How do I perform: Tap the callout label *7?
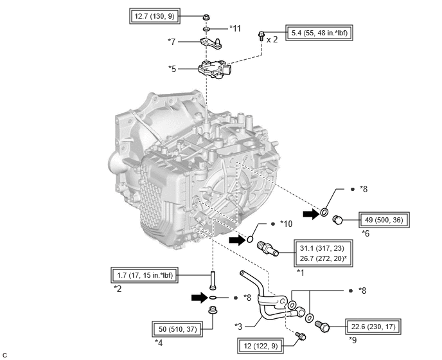click(x=172, y=42)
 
